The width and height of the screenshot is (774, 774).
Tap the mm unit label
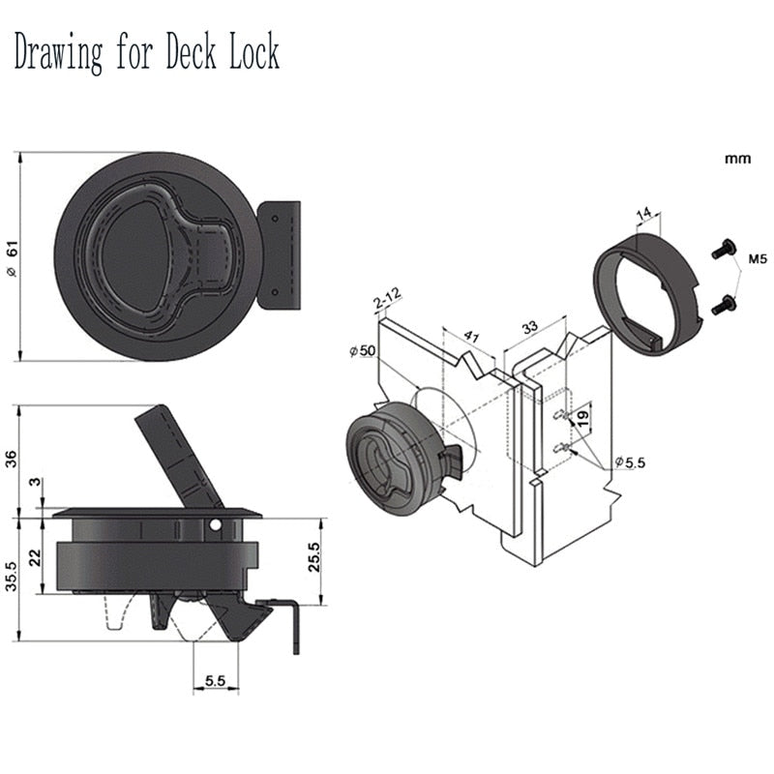(x=737, y=157)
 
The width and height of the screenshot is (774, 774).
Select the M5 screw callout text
(x=757, y=258)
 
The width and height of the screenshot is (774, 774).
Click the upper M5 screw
(x=723, y=248)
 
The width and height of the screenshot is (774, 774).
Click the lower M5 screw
(x=723, y=306)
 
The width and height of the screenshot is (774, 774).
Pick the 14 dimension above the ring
(x=645, y=215)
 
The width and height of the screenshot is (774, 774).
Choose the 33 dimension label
(x=530, y=328)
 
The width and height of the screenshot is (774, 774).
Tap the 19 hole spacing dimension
(x=582, y=418)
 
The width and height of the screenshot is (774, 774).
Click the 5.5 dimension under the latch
(x=215, y=681)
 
